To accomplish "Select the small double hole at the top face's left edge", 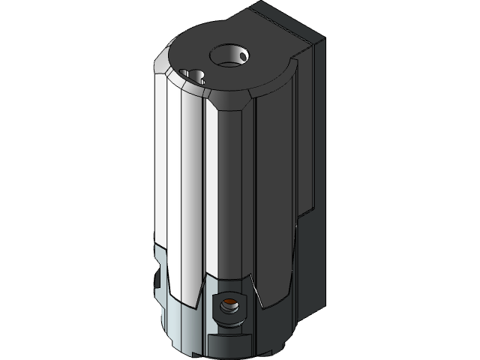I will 196,75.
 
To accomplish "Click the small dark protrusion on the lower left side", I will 157,280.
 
